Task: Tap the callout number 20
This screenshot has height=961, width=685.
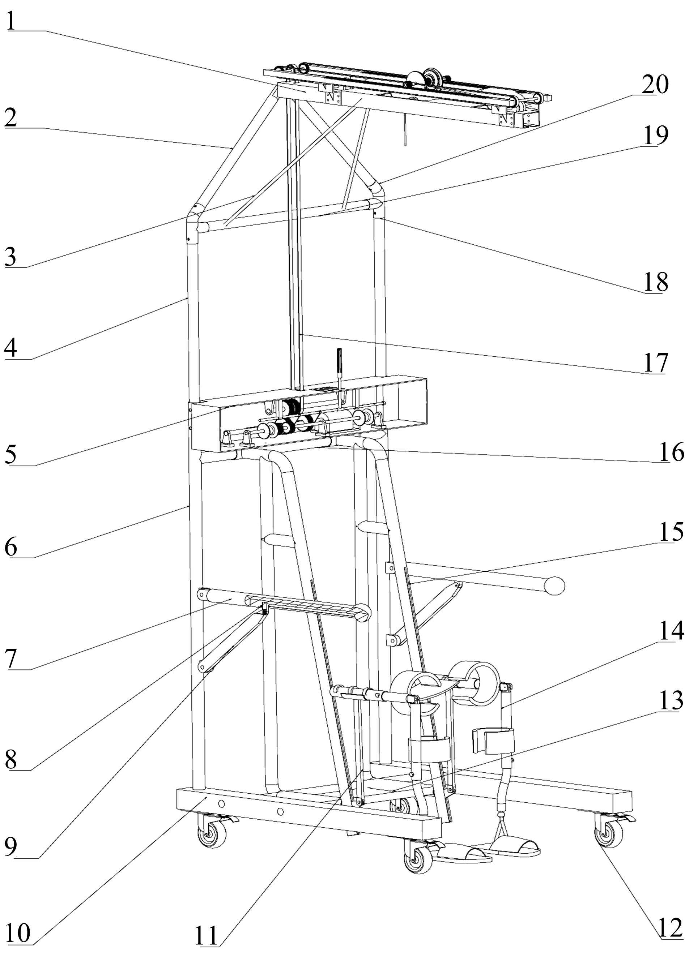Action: click(x=655, y=84)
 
